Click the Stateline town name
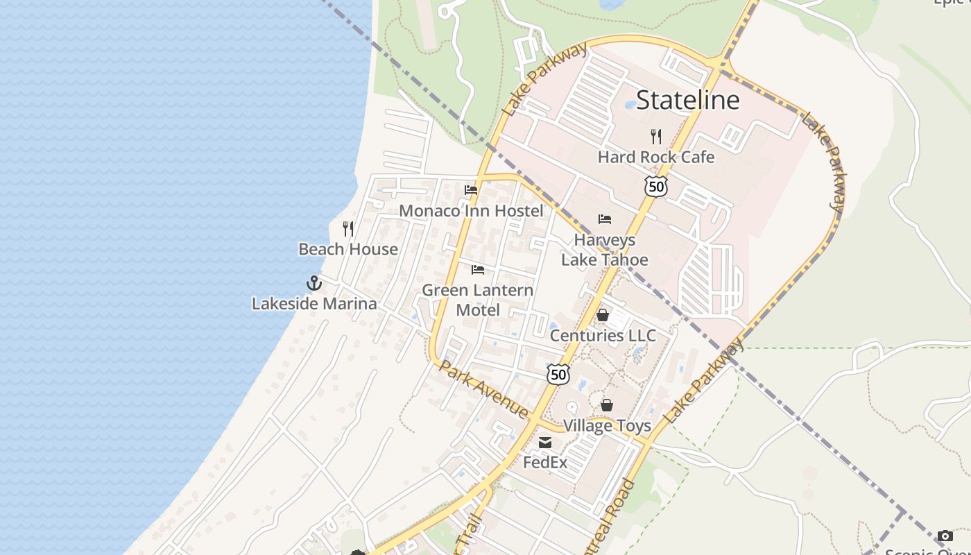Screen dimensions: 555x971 (x=687, y=100)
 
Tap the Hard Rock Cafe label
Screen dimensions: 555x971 (x=655, y=157)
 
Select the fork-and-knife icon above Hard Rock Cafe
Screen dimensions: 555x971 (x=655, y=136)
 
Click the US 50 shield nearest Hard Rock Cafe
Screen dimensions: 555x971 (x=655, y=186)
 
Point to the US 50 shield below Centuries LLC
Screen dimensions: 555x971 (x=558, y=375)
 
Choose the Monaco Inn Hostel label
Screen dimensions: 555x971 (x=471, y=210)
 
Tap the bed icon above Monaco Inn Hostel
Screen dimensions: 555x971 (x=471, y=190)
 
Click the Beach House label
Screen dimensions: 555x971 (x=348, y=249)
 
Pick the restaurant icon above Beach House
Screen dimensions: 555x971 (x=348, y=228)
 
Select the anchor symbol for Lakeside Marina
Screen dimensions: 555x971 (x=314, y=283)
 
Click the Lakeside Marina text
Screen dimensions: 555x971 (x=314, y=303)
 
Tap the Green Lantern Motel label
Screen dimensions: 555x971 (x=478, y=299)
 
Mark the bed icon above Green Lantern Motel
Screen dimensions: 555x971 (x=478, y=269)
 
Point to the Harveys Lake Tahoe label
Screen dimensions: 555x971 (x=604, y=250)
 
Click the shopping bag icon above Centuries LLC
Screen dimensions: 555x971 (x=603, y=315)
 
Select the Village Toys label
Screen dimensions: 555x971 (x=607, y=425)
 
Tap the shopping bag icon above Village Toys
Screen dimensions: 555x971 (x=607, y=405)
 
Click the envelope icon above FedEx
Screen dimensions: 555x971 (x=546, y=442)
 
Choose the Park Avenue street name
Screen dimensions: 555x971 (x=483, y=389)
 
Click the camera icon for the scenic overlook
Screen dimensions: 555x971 (x=945, y=536)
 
